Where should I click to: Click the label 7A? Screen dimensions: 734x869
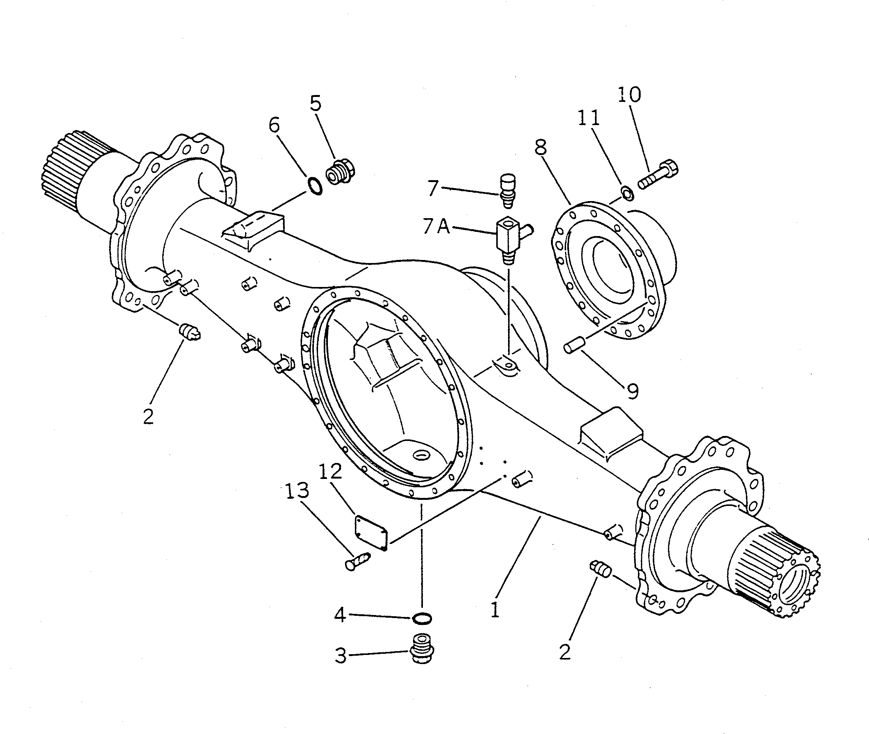[x=436, y=227]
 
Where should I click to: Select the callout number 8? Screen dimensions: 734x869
[x=541, y=148]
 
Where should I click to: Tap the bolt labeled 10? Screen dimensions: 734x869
[x=658, y=175]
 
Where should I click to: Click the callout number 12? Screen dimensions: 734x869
[x=330, y=471]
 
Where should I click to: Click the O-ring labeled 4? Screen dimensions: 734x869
[x=422, y=618]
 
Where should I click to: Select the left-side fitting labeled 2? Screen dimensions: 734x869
[x=190, y=331]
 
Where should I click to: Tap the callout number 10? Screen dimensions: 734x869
[x=629, y=95]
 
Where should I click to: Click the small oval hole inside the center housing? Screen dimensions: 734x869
[x=422, y=455]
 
